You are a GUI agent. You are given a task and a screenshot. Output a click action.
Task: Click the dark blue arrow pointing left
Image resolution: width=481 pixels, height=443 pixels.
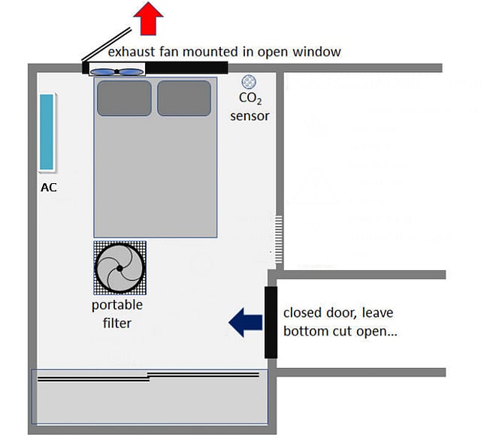(x=245, y=321)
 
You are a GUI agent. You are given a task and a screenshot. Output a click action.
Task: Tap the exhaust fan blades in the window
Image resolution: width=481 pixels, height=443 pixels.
(x=117, y=72)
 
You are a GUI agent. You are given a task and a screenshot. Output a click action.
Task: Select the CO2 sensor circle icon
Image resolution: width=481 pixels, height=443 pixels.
(x=248, y=82)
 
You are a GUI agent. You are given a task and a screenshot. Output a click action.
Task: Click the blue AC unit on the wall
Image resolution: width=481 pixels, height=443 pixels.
(x=47, y=131)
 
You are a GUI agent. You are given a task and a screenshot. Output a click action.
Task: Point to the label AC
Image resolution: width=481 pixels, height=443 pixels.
(x=48, y=188)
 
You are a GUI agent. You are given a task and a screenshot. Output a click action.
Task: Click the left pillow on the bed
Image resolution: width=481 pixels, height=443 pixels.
(x=124, y=98)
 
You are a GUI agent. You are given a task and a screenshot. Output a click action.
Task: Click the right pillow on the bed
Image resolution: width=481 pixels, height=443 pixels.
(x=184, y=98)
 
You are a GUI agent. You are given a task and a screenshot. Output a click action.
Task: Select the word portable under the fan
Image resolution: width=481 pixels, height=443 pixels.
(x=117, y=306)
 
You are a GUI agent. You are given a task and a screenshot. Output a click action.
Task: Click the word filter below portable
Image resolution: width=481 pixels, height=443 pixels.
(x=116, y=324)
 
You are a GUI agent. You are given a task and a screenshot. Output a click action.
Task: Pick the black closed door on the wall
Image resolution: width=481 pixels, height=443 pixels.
(x=271, y=321)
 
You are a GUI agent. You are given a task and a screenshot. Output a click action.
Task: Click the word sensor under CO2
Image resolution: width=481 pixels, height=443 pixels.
(x=250, y=116)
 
